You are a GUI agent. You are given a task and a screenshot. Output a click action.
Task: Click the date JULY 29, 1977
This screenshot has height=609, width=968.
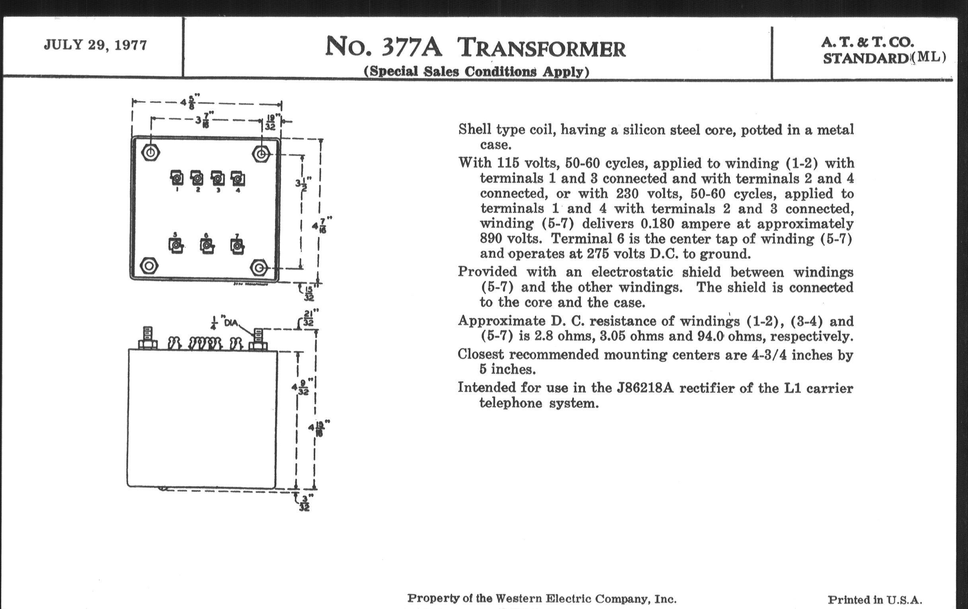(95, 45)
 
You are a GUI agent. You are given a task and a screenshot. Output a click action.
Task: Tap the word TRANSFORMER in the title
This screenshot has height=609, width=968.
(541, 48)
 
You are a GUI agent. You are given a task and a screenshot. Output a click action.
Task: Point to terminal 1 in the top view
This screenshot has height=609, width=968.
(177, 178)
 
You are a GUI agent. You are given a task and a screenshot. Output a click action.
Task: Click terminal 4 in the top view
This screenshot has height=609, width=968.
(238, 178)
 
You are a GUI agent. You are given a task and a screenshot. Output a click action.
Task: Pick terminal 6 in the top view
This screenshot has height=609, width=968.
(207, 245)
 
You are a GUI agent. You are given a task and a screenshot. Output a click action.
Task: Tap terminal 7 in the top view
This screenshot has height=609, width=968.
(237, 246)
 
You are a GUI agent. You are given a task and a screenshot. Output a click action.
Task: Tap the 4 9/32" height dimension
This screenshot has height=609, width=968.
(301, 387)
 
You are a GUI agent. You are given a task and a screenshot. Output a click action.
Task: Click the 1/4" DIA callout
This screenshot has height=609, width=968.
(225, 322)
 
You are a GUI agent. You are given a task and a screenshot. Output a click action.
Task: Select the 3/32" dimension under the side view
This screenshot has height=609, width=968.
(305, 503)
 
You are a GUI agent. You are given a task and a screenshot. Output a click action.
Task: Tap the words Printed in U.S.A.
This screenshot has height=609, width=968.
(874, 600)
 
